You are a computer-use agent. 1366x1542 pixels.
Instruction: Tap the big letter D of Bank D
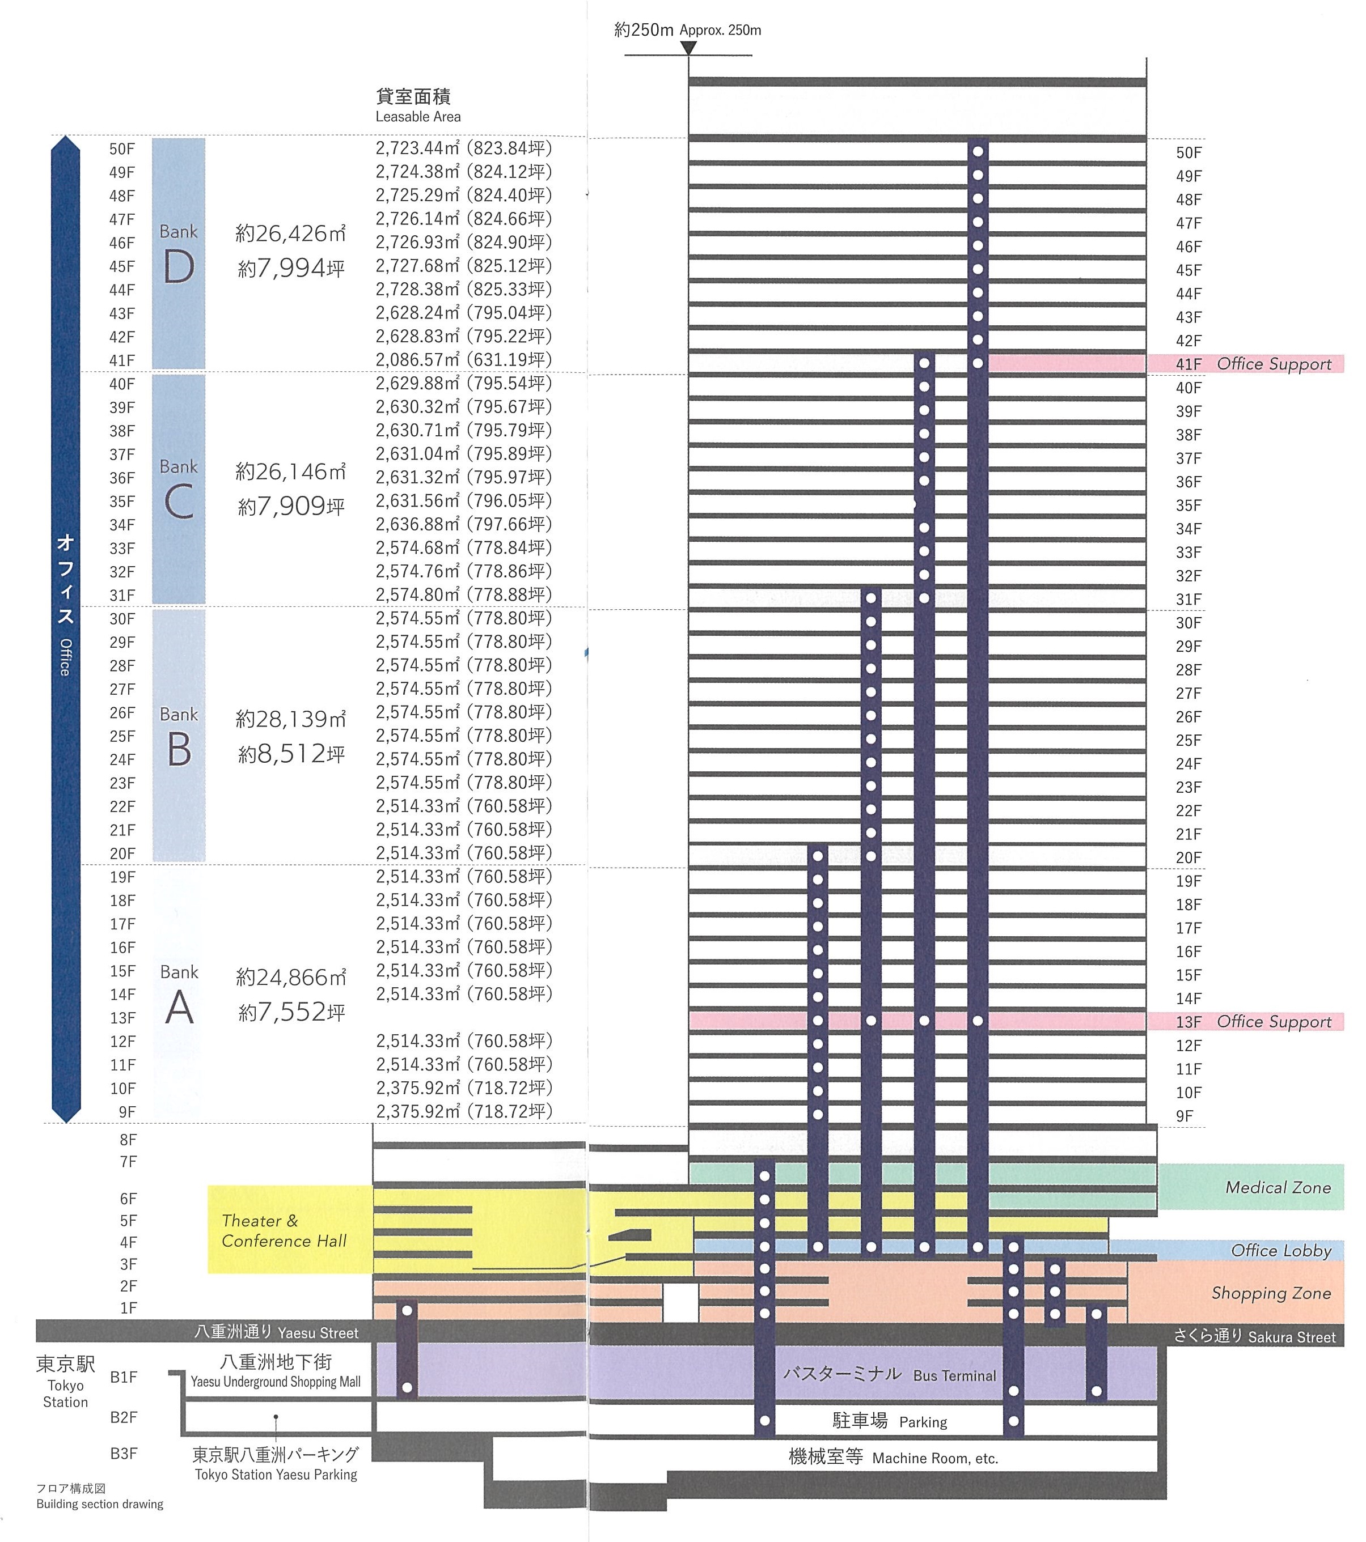point(179,266)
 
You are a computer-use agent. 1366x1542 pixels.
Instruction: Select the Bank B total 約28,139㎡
point(290,719)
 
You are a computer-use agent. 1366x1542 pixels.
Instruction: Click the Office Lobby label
point(1281,1250)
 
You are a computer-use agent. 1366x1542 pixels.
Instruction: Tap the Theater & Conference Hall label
point(284,1230)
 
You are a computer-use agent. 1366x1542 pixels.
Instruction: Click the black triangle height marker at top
point(688,48)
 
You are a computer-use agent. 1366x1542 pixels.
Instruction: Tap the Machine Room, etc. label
point(893,1458)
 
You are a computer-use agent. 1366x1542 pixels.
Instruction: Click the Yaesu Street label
point(276,1332)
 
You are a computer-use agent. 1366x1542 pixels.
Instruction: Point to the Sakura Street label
point(1254,1336)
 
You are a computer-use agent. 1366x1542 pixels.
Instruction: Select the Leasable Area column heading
point(417,105)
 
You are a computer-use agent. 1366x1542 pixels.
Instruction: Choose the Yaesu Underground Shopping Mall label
point(276,1372)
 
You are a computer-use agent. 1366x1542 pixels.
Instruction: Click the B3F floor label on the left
point(124,1453)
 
